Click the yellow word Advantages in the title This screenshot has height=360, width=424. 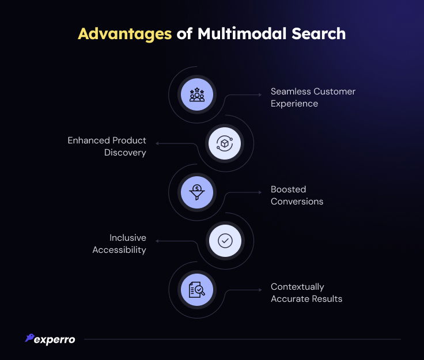click(x=124, y=35)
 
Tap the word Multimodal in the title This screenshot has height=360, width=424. click(x=242, y=33)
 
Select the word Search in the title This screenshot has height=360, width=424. click(x=319, y=33)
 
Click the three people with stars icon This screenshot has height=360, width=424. click(x=197, y=94)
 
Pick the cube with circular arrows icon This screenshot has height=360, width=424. click(x=225, y=143)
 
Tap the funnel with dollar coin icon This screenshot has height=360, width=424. click(x=197, y=192)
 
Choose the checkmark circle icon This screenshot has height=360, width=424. click(x=225, y=241)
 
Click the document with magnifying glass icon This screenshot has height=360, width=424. click(x=197, y=290)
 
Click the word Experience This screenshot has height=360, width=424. click(x=294, y=104)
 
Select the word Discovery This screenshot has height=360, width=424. click(x=125, y=153)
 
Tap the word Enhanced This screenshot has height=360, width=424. click(x=89, y=141)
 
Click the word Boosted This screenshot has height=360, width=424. click(x=288, y=189)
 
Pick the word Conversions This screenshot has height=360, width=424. click(x=297, y=202)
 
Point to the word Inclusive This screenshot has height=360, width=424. click(x=128, y=237)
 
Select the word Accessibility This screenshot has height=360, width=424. click(x=119, y=250)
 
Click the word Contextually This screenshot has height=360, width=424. click(x=297, y=287)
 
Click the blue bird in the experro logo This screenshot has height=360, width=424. click(x=30, y=338)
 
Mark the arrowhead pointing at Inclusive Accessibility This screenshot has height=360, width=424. click(x=157, y=241)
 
